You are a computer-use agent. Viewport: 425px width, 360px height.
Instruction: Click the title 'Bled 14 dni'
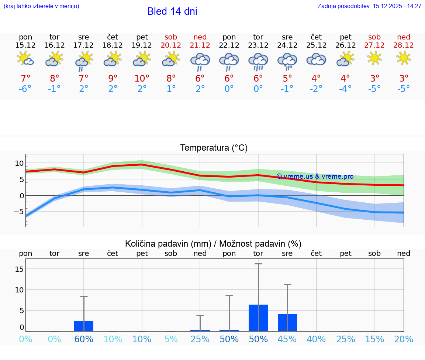[172, 11]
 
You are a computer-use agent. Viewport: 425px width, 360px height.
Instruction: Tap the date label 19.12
[142, 45]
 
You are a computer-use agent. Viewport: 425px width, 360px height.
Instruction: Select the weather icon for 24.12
[287, 61]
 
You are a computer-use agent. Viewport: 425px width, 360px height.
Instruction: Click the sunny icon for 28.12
[404, 58]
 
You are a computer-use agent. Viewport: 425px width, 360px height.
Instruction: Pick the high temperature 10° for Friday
[142, 78]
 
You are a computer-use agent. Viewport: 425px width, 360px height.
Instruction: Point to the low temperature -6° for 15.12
[25, 89]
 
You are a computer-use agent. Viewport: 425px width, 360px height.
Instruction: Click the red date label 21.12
[200, 45]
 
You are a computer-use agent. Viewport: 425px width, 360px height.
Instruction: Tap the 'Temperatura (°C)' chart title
[214, 148]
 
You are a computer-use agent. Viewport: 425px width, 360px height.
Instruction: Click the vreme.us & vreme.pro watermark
[315, 176]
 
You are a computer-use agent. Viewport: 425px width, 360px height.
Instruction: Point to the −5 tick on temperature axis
[19, 212]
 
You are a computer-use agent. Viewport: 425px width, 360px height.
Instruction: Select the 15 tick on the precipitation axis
[20, 269]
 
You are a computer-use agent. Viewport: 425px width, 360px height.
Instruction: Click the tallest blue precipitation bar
[258, 318]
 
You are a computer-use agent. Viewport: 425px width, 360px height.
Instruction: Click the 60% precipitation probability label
[84, 339]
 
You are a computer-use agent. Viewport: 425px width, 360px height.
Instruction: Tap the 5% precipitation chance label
[171, 339]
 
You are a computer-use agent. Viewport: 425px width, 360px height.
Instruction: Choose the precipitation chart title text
[213, 244]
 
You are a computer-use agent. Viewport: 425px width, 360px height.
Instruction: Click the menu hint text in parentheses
[41, 6]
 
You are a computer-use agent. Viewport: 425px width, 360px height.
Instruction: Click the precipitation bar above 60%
[84, 326]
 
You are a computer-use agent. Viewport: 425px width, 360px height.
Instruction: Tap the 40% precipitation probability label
[316, 339]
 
